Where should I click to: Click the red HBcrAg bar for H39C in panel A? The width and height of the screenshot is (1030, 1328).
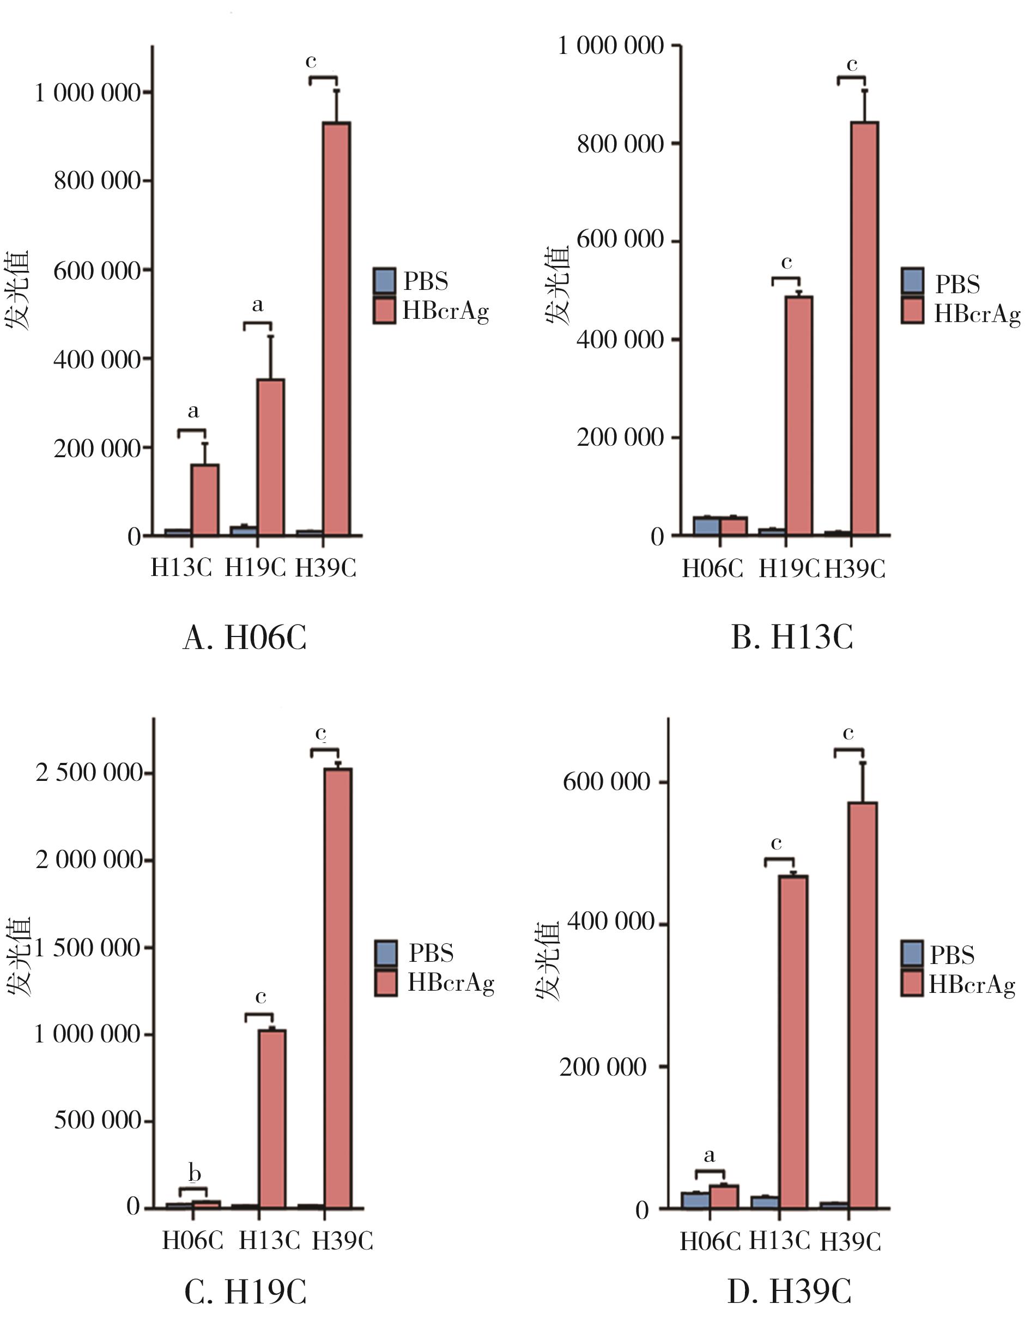[336, 329]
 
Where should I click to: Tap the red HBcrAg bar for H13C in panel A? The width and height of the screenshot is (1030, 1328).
[205, 500]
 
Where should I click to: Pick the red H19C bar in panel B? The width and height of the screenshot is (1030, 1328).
[798, 416]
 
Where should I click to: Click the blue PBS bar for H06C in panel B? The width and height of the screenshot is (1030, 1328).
[706, 526]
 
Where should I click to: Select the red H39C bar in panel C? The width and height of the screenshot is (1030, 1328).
[337, 988]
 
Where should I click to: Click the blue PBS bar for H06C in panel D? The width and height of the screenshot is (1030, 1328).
[695, 1201]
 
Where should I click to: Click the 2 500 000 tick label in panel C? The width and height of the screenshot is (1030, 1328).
[89, 773]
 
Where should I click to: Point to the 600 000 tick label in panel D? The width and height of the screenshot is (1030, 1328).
[606, 781]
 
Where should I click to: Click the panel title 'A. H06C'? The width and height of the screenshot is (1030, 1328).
[245, 638]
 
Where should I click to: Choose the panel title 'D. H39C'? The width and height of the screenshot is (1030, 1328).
[789, 1293]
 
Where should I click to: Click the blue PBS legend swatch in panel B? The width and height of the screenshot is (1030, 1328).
[912, 280]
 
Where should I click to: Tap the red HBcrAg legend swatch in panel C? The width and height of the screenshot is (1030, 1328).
[385, 983]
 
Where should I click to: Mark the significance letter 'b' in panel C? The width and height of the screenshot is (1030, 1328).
[195, 1173]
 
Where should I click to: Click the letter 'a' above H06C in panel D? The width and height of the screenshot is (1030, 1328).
[709, 1155]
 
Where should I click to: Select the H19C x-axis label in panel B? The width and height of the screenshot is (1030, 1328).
[789, 569]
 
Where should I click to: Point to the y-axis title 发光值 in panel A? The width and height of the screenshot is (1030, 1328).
[17, 290]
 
